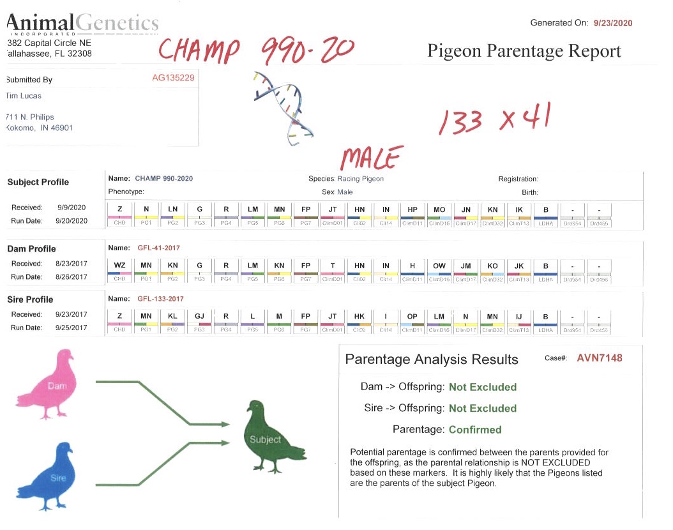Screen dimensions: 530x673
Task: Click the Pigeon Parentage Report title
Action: [x=524, y=52]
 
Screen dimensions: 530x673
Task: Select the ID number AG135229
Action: [x=173, y=77]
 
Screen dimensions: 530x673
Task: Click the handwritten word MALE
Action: [x=372, y=156]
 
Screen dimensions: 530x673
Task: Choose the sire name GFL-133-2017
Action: [x=162, y=298]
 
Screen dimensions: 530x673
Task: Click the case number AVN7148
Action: [x=599, y=358]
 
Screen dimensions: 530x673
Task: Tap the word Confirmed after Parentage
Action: [x=475, y=430]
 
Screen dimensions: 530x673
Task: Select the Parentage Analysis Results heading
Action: [x=432, y=360]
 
